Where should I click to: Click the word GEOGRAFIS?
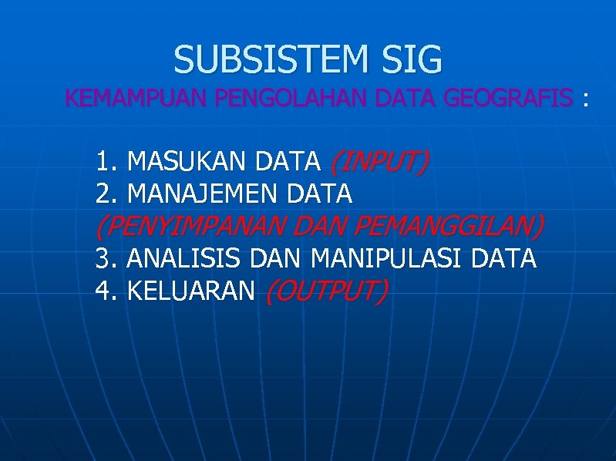(x=508, y=99)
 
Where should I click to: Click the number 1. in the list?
(x=106, y=162)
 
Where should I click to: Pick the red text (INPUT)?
(x=379, y=162)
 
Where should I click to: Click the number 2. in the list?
(x=106, y=194)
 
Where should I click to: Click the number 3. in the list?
(x=106, y=258)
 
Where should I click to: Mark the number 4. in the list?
(x=106, y=291)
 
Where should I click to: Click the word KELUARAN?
(x=190, y=291)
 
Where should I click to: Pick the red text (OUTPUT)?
(x=325, y=291)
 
